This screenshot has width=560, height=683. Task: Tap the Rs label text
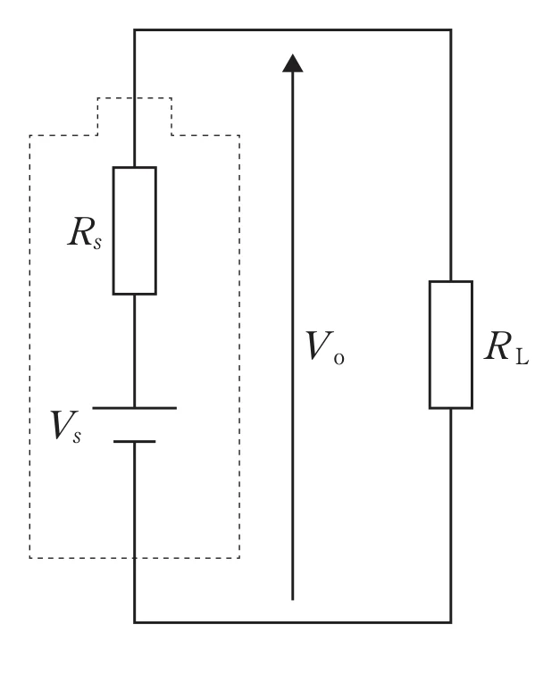point(85,233)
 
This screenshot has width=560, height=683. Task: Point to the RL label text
point(506,347)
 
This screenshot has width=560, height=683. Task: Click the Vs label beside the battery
point(66,426)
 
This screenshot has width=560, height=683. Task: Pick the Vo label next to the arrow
point(325,347)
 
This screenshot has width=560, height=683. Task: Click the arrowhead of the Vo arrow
point(292,63)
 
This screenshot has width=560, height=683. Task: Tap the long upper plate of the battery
point(135,408)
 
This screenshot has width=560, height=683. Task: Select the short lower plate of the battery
point(135,442)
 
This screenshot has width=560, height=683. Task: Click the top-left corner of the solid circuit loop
point(134,30)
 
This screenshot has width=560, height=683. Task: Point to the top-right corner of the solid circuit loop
point(451,30)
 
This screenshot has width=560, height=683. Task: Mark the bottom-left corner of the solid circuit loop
point(134,622)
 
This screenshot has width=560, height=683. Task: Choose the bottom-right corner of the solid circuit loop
point(451,622)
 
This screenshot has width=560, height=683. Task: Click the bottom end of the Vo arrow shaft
point(292,600)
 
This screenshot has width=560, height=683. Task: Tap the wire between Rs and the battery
point(135,351)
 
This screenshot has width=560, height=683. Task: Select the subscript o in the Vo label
point(339,359)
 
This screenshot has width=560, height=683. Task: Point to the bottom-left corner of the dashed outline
point(30,557)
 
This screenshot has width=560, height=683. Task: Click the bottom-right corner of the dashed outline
point(239,557)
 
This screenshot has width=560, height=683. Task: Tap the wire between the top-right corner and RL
point(451,155)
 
